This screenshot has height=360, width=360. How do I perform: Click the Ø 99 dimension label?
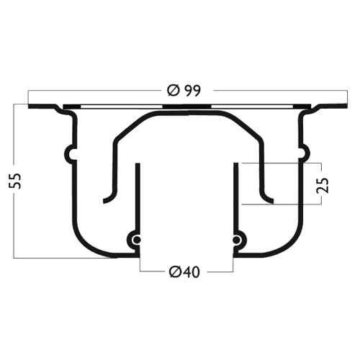[184, 91]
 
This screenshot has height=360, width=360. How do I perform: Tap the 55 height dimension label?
[15, 181]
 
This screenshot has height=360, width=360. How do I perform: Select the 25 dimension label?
[322, 185]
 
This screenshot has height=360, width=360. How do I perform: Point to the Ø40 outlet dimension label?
[184, 272]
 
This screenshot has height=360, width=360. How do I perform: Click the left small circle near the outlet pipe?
[137, 240]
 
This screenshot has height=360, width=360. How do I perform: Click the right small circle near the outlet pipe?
[236, 240]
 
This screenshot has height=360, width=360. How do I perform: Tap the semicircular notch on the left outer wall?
[69, 153]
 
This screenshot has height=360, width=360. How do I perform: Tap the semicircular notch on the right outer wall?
[305, 153]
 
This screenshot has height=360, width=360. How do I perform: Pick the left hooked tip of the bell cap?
[104, 201]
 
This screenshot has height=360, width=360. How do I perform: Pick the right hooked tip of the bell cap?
[272, 201]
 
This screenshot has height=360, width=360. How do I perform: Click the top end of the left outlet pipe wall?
[138, 163]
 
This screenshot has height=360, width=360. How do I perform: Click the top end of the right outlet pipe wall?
[236, 163]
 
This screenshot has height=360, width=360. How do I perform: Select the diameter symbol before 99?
[174, 91]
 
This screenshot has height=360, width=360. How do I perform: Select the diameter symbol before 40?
[175, 272]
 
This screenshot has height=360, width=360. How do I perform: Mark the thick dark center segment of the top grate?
[186, 107]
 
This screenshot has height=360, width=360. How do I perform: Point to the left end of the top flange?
[29, 107]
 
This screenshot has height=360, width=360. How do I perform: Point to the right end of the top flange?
[347, 106]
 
